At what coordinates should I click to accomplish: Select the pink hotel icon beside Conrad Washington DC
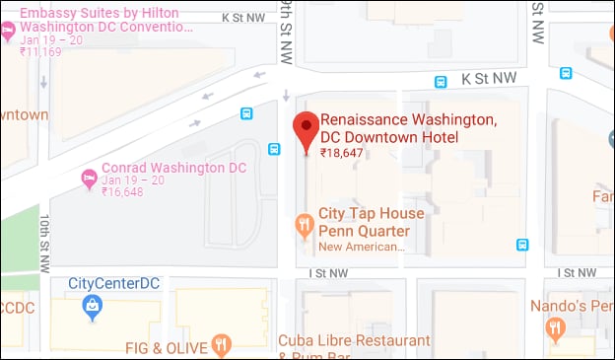click(x=88, y=178)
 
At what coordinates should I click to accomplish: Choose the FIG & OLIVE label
click(x=166, y=347)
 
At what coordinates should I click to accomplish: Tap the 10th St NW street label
click(x=44, y=241)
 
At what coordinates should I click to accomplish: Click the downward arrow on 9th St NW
click(x=287, y=96)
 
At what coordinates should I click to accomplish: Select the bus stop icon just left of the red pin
click(x=274, y=150)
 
